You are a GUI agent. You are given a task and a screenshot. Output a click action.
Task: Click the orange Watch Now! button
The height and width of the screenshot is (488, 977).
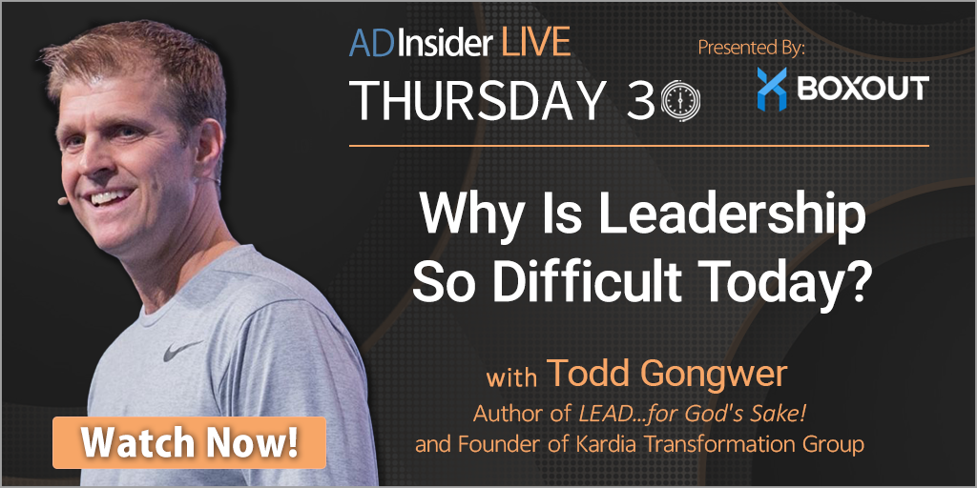[190, 442]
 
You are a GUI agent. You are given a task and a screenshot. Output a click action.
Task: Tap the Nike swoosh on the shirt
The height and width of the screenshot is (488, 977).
[182, 351]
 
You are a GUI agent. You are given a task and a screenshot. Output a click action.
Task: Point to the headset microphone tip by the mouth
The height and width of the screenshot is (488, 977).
[62, 201]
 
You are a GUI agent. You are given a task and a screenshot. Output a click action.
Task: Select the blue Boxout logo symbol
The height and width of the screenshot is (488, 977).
[771, 89]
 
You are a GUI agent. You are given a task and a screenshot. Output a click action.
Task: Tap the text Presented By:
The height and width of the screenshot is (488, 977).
[752, 48]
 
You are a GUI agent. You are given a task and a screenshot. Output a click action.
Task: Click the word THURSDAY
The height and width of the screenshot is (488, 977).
[479, 99]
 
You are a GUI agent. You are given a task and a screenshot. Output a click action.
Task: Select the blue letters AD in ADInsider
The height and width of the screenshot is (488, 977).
[369, 43]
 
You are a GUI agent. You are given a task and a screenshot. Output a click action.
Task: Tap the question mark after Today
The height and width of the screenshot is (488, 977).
[857, 282]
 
